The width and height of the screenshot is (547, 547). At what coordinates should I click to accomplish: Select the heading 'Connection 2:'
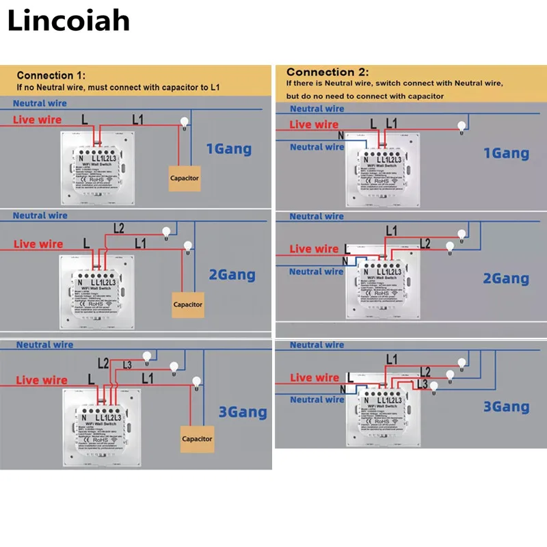pos(328,72)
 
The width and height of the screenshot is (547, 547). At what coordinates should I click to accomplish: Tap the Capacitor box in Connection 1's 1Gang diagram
pos(184,178)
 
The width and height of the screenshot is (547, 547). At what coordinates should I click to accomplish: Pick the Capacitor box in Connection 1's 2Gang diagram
pos(187,304)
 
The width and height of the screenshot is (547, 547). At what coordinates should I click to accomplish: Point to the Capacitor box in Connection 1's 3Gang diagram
pos(197,438)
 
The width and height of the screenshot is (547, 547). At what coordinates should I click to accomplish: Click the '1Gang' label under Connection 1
pos(229,148)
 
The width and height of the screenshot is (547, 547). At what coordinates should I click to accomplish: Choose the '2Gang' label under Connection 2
pos(506,278)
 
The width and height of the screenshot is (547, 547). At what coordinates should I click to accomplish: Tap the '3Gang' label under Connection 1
pos(243,412)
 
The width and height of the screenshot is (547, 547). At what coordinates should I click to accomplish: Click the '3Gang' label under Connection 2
pos(506,407)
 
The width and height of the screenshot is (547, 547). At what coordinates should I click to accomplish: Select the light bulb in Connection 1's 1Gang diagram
pos(183,123)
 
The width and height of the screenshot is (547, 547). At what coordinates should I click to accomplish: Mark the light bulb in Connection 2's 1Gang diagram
pos(462,125)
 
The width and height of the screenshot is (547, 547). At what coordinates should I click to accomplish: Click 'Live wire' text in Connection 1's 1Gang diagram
pos(38,120)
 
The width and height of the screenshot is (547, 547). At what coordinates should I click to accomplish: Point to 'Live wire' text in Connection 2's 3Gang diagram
pos(314,377)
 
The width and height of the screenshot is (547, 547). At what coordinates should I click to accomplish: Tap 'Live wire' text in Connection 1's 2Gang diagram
pos(38,244)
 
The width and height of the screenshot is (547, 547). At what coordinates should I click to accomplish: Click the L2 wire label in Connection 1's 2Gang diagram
pos(118,228)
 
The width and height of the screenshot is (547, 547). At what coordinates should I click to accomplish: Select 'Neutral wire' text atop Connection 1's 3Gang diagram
pos(44,345)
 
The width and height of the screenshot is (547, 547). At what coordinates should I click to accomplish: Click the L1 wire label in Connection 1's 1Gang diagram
pos(137,120)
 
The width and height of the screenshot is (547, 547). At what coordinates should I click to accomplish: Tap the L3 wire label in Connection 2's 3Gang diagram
pos(421,385)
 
